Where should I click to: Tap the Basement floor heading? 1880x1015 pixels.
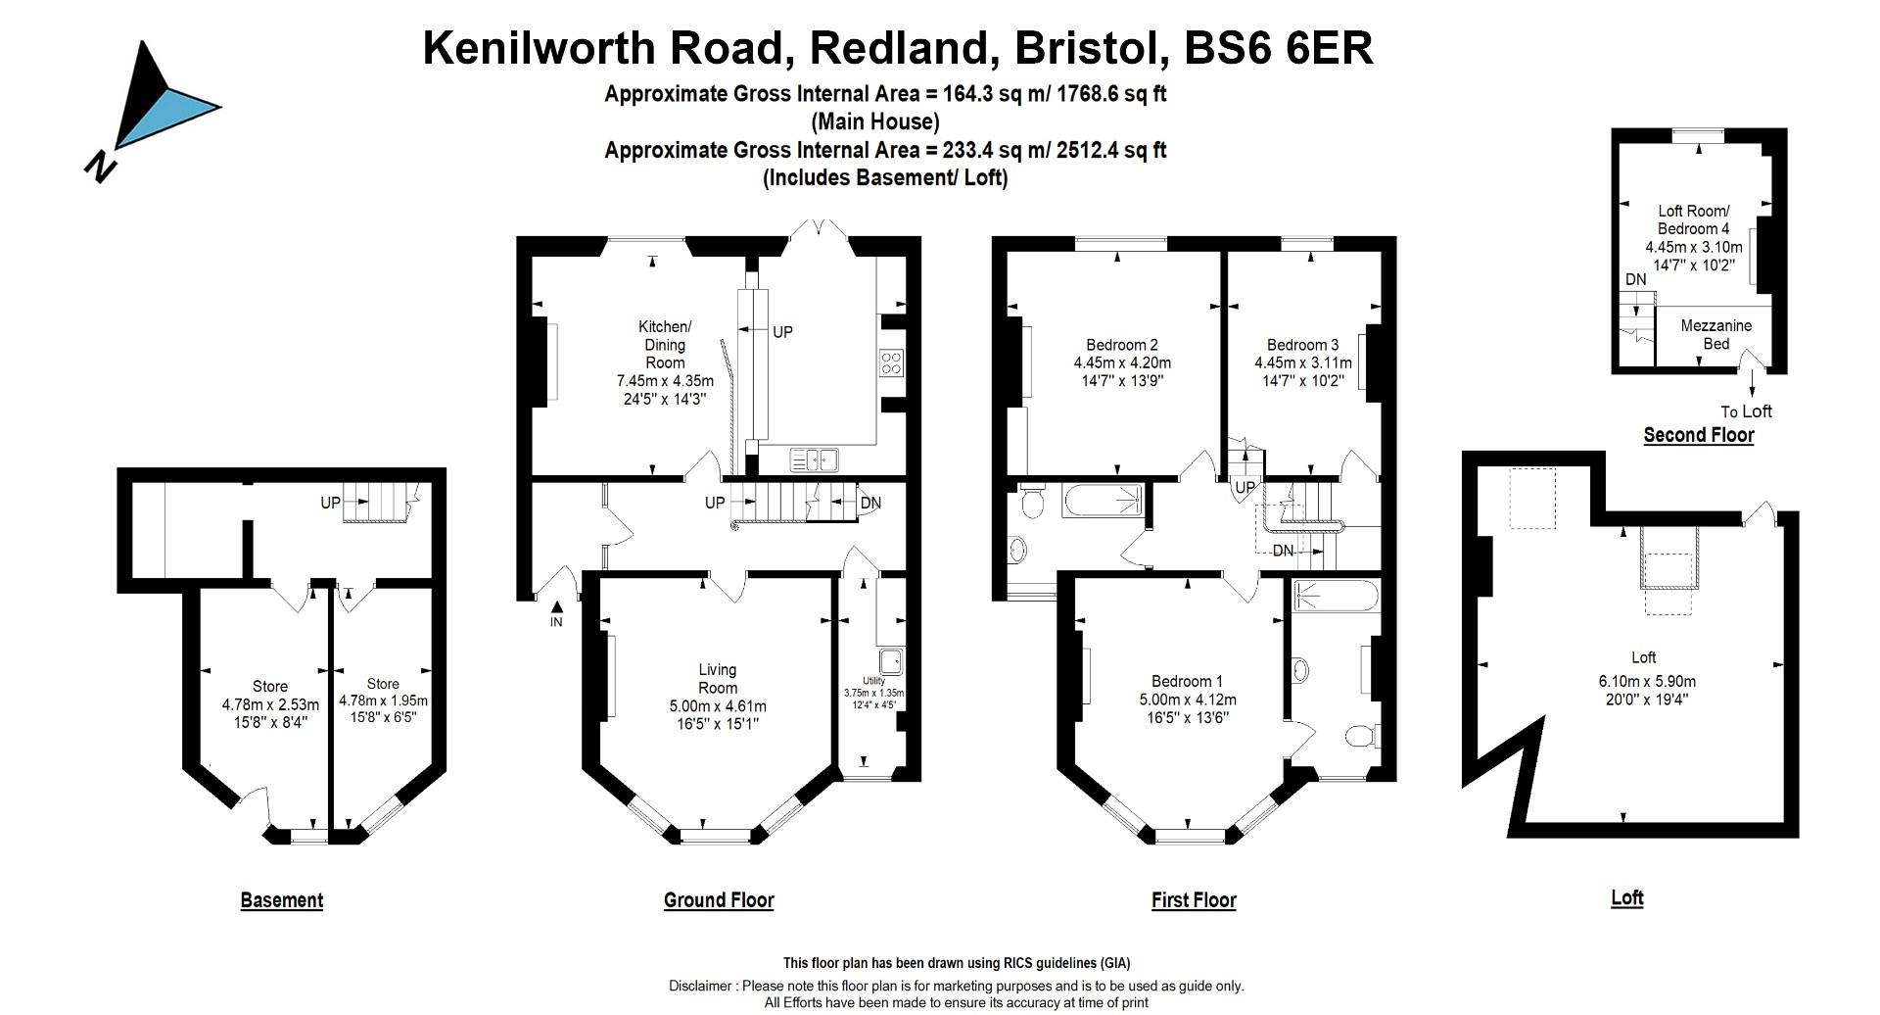[281, 900]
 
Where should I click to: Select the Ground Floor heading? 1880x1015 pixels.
[719, 900]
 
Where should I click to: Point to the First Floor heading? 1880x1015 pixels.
[1194, 900]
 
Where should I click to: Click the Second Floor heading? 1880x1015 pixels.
[1698, 435]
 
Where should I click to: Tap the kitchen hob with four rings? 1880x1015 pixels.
[891, 363]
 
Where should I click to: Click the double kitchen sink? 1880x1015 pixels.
[815, 459]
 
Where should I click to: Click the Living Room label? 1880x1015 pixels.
[717, 679]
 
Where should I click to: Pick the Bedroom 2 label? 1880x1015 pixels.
[1121, 345]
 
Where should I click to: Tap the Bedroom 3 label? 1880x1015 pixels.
[1302, 345]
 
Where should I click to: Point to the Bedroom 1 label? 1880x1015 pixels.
[1187, 682]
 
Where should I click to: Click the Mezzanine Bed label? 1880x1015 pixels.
[1715, 334]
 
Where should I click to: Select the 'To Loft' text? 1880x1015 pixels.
[1746, 411]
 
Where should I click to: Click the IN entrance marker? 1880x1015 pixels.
[556, 621]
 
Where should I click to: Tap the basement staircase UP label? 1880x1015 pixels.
[331, 503]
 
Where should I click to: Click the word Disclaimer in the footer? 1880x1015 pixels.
[701, 986]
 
